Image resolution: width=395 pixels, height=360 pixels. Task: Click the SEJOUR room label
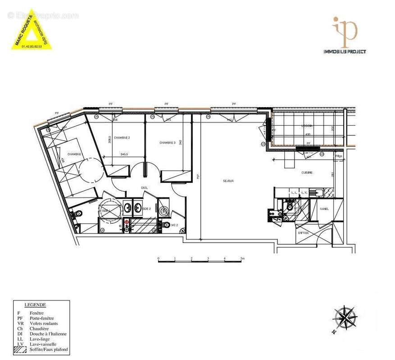(228, 181)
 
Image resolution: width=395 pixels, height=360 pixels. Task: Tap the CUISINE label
(308, 173)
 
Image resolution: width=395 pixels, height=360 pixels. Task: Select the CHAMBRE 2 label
(122, 137)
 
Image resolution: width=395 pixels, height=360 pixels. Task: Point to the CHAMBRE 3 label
(168, 143)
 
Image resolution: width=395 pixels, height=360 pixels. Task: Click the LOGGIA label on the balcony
(307, 126)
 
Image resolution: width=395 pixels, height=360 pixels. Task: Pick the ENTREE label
(303, 233)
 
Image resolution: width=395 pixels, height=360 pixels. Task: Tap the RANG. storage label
(324, 209)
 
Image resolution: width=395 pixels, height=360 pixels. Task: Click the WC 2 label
(175, 225)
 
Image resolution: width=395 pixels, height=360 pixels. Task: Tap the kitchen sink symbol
(318, 193)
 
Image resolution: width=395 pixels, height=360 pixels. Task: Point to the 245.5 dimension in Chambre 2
(118, 154)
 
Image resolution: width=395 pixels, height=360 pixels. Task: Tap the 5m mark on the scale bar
(242, 259)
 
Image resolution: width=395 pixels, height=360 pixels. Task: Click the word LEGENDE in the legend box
(35, 305)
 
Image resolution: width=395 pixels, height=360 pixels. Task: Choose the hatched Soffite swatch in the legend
(20, 349)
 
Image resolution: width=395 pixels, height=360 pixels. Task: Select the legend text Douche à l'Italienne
(48, 333)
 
